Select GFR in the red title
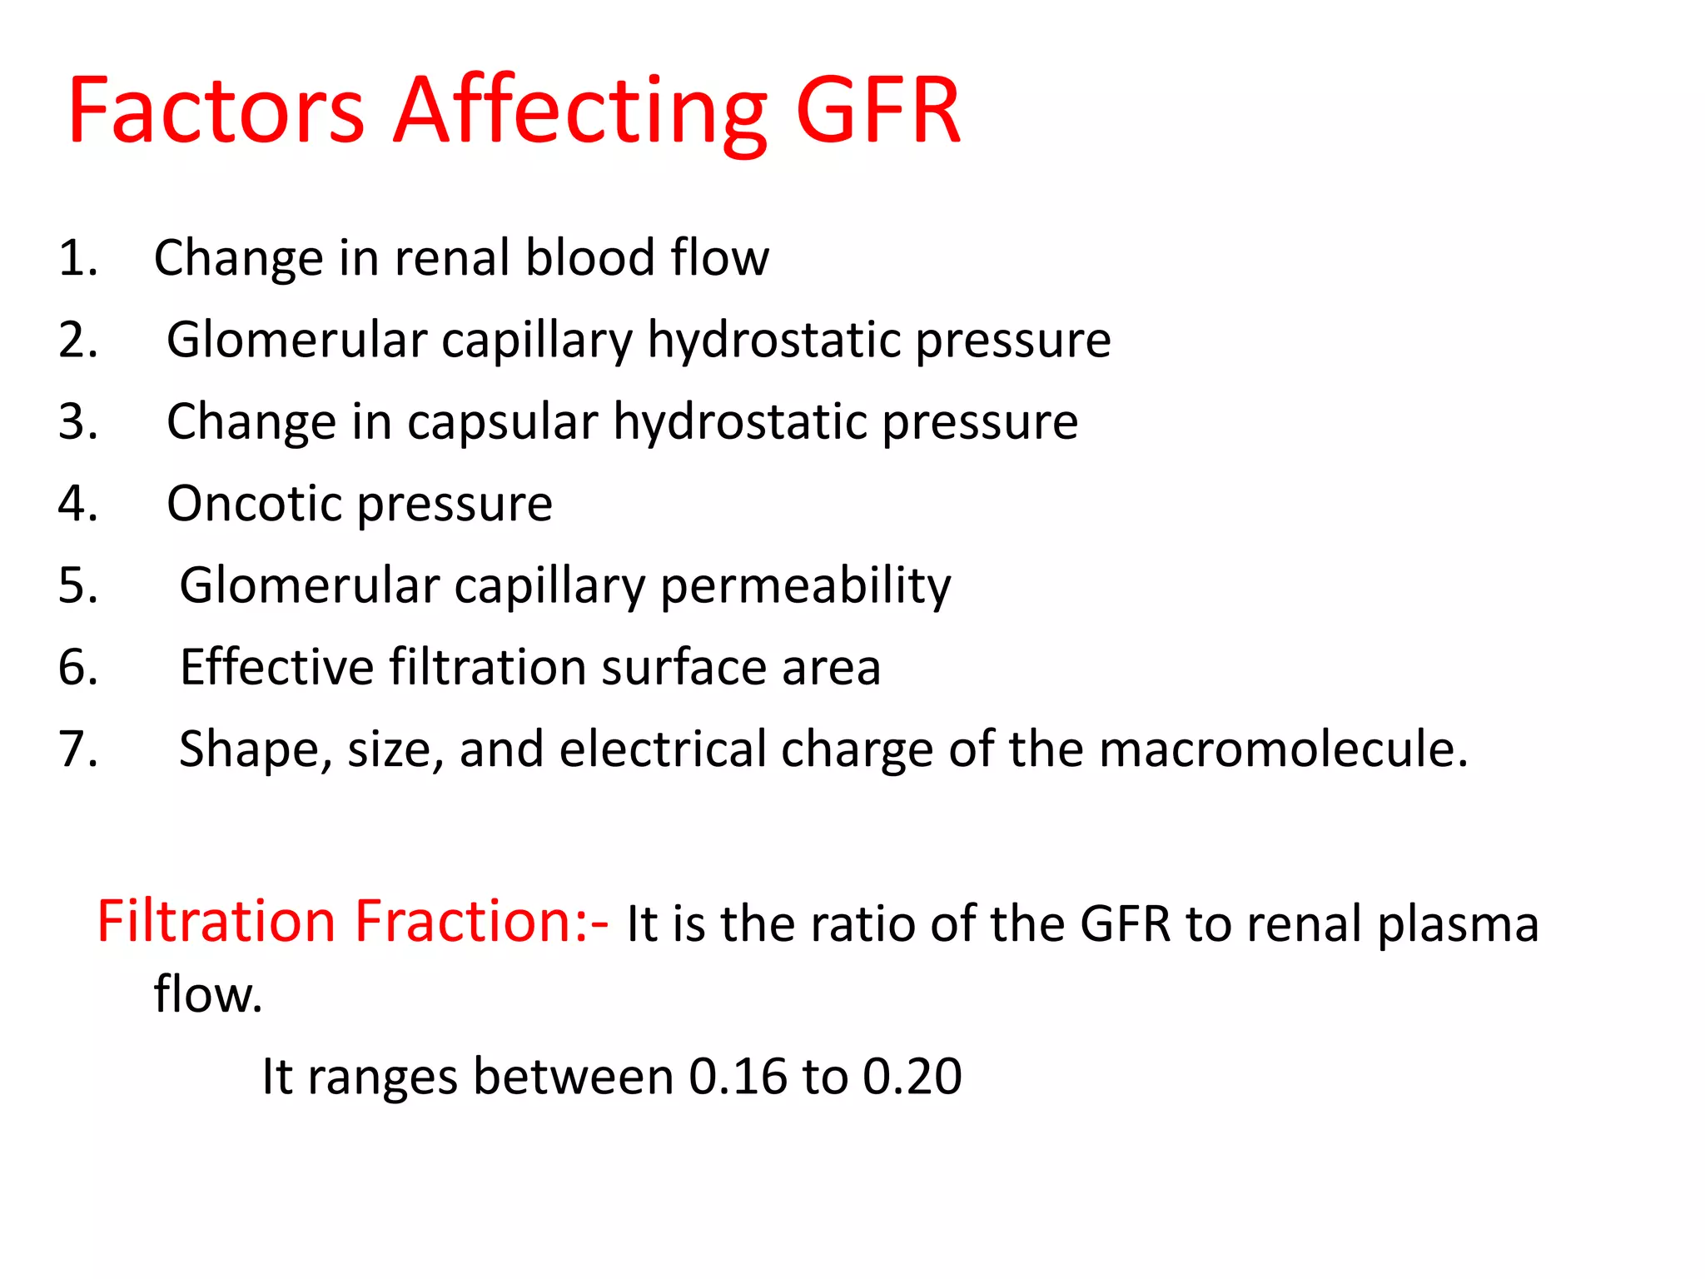coord(878,111)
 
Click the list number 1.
coord(77,258)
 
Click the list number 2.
coord(77,340)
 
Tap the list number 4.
coord(77,504)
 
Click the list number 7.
coord(77,749)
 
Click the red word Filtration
coord(216,922)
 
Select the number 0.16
coord(738,1076)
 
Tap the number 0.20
coord(912,1076)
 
